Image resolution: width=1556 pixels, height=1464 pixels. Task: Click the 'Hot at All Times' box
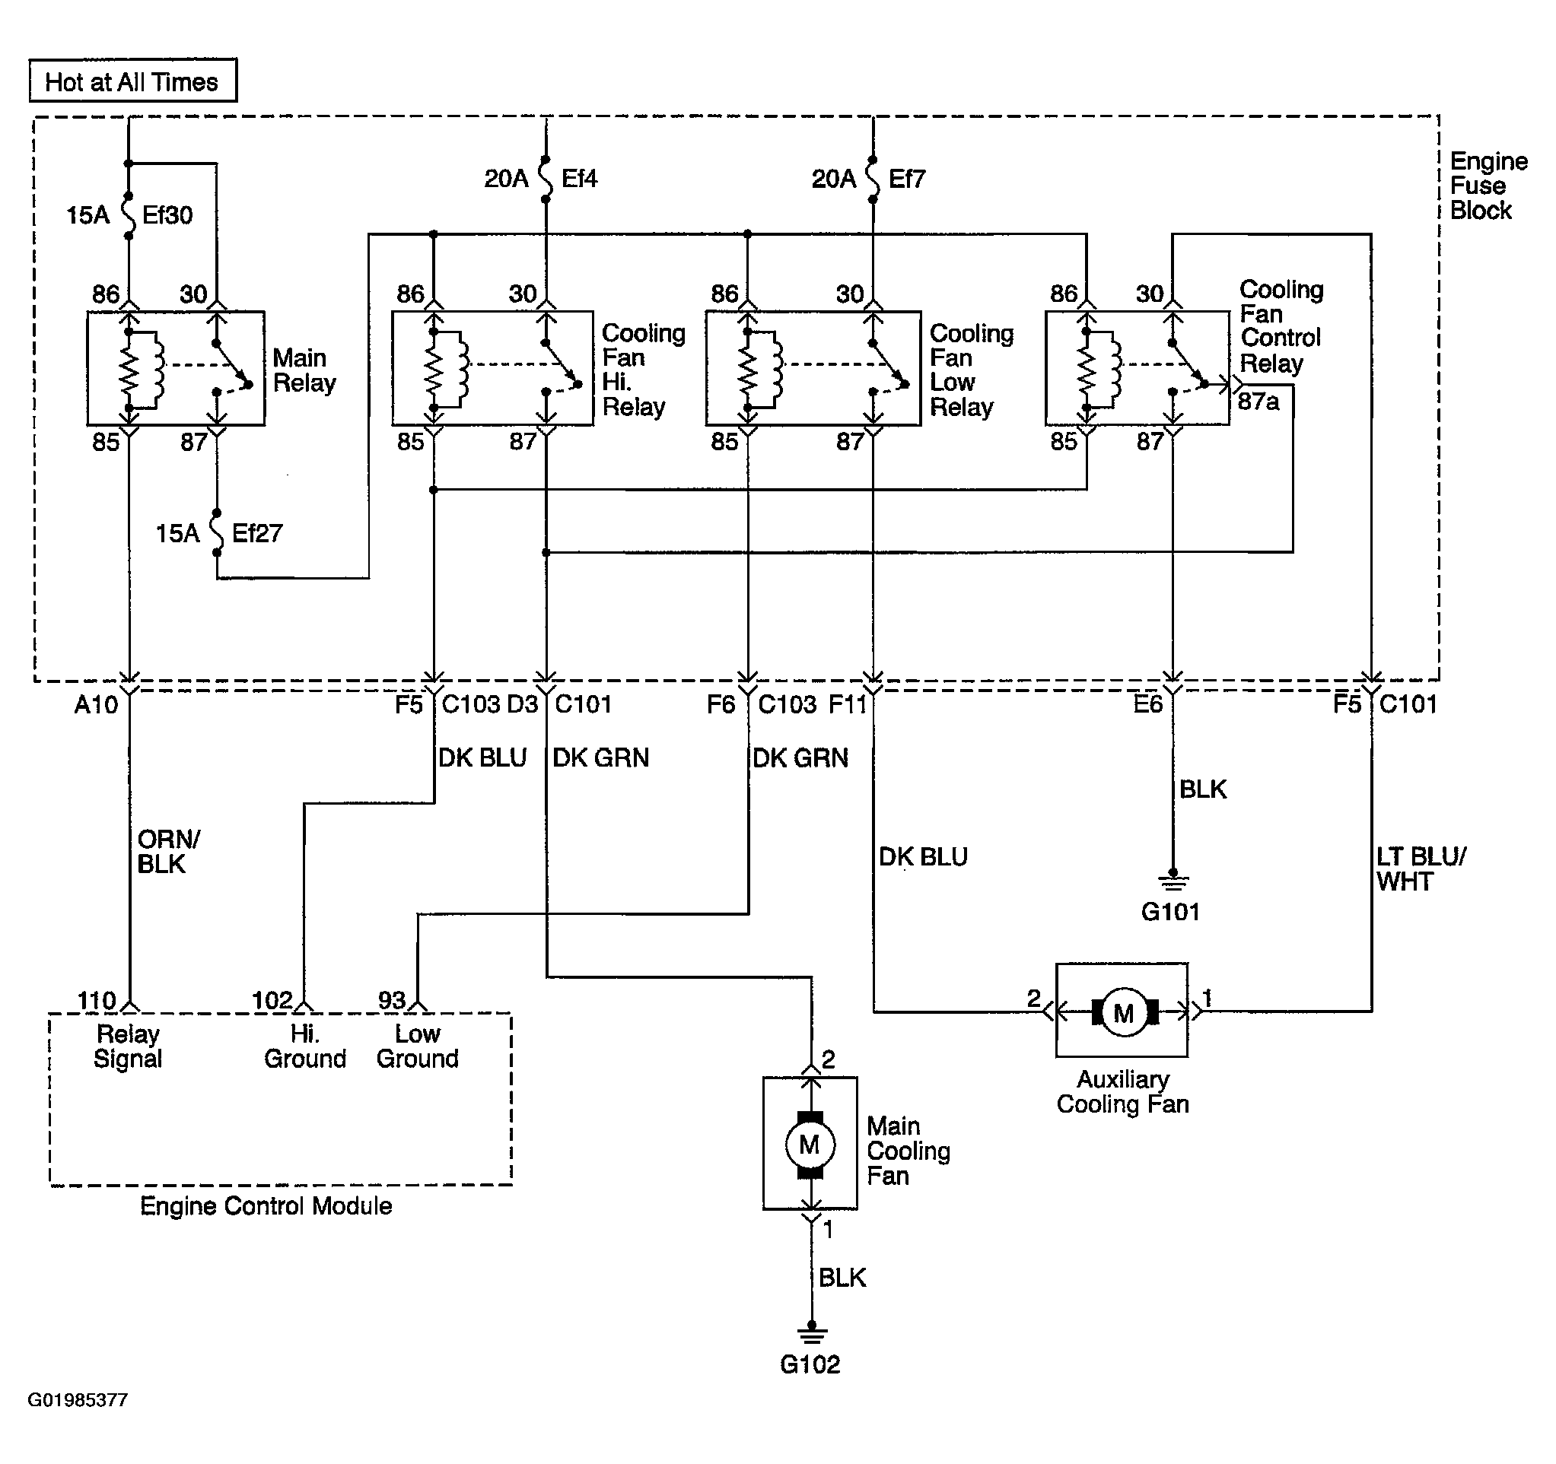133,81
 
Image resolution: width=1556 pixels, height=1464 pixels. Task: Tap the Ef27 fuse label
257,534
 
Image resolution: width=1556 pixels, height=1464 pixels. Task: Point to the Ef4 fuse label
579,179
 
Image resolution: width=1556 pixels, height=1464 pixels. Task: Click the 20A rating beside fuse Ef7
834,179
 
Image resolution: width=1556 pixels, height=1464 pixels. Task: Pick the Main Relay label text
304,370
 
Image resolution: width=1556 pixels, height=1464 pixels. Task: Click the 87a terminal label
1258,402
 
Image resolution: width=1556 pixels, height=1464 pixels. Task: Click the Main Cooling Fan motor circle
810,1145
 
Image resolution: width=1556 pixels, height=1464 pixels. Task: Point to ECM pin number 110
97,1000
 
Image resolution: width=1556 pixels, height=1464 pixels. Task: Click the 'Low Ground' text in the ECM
417,1046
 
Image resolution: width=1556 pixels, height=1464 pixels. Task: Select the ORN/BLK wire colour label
168,851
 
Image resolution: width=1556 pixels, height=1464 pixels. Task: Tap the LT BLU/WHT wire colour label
1421,869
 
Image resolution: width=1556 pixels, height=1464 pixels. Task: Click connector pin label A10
97,705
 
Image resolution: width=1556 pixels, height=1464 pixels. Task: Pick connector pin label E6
1148,704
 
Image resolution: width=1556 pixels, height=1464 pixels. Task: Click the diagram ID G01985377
78,1400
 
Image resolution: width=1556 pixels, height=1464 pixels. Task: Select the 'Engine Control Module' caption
266,1205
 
